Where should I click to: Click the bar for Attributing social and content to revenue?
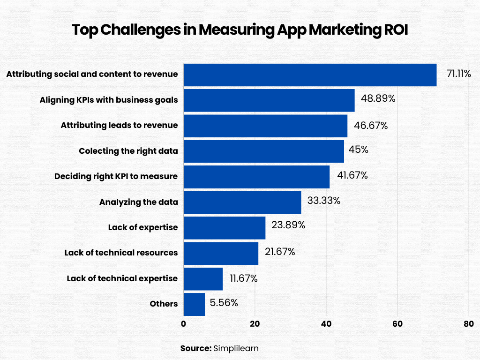[x=310, y=75]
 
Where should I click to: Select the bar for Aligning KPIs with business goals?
[x=269, y=100]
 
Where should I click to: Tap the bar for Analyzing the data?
[x=242, y=202]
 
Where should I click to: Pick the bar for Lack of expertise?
[x=224, y=227]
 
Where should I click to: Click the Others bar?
[x=194, y=304]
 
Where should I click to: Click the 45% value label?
[x=358, y=150]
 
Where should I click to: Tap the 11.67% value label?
[x=243, y=278]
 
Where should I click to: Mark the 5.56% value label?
[x=224, y=303]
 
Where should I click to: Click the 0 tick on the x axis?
[x=183, y=323]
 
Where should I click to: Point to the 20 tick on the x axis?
[x=255, y=323]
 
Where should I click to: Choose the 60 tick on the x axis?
[x=397, y=323]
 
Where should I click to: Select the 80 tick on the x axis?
[x=469, y=323]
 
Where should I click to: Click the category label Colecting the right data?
[x=128, y=151]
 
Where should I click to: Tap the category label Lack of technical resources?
[x=121, y=253]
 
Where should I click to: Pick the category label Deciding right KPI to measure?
[x=116, y=177]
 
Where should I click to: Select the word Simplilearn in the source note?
[x=236, y=348]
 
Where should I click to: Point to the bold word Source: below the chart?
[x=195, y=348]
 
